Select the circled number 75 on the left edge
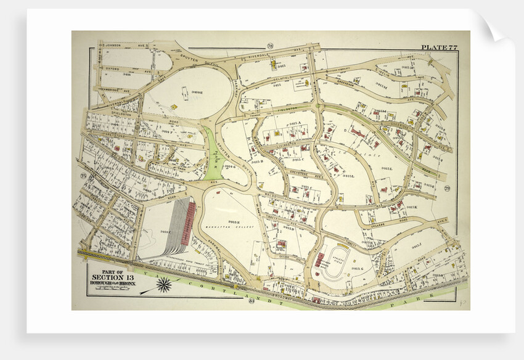(x=83, y=176)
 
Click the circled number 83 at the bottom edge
(x=251, y=300)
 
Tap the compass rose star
(x=164, y=285)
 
